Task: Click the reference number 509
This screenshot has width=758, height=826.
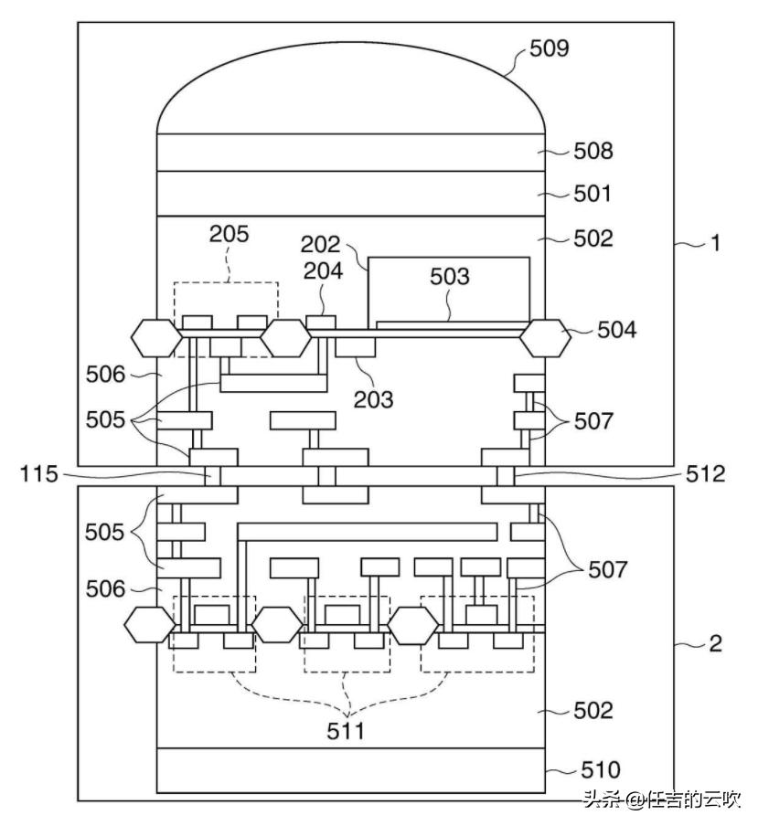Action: pos(550,48)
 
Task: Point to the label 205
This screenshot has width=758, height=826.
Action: pos(228,234)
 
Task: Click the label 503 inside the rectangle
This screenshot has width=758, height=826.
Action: pos(450,277)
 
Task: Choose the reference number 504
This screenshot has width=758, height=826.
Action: pos(617,330)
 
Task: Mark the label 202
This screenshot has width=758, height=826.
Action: pos(320,245)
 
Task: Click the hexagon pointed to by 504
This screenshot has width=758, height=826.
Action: pos(546,339)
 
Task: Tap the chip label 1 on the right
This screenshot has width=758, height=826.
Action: pos(716,245)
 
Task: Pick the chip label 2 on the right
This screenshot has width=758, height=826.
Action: pos(716,643)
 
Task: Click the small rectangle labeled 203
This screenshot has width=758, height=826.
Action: pos(356,348)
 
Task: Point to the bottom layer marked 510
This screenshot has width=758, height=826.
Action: pos(352,769)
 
